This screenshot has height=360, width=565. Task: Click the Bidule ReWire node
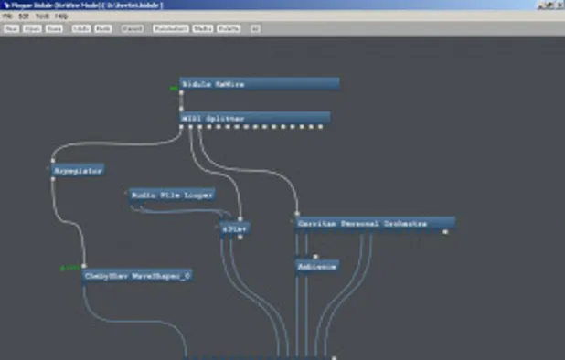pyautogui.click(x=259, y=84)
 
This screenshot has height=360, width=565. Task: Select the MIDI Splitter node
pyautogui.click(x=254, y=118)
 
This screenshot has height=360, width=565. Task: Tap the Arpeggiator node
pyautogui.click(x=76, y=170)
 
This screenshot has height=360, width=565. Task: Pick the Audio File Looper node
pyautogui.click(x=172, y=195)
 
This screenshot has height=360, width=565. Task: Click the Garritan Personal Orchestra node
pyautogui.click(x=374, y=224)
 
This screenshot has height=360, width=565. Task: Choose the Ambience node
pyautogui.click(x=317, y=267)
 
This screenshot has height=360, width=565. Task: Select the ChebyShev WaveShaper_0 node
pyautogui.click(x=137, y=275)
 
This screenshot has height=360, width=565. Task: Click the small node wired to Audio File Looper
pyautogui.click(x=235, y=228)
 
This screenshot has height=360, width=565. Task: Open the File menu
pyautogui.click(x=7, y=16)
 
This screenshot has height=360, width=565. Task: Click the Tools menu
pyautogui.click(x=42, y=16)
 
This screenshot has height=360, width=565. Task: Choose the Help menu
pyautogui.click(x=61, y=16)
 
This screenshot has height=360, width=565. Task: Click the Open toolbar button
pyautogui.click(x=32, y=28)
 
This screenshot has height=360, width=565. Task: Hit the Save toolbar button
pyautogui.click(x=55, y=28)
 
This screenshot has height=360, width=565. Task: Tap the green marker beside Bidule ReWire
pyautogui.click(x=173, y=89)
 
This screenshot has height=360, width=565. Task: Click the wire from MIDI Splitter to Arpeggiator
pyautogui.click(x=110, y=145)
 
